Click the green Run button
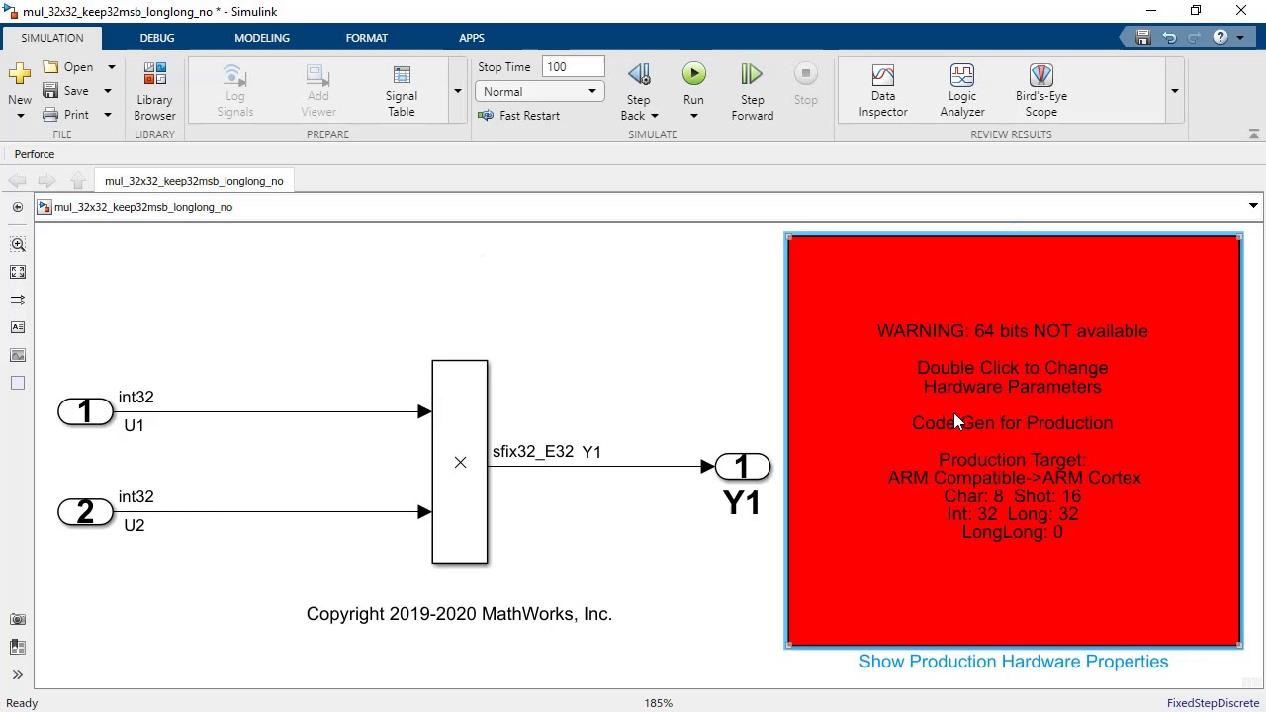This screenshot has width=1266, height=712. (x=693, y=75)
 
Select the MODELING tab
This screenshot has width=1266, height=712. (x=262, y=38)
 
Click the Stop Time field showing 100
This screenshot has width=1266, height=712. (x=573, y=67)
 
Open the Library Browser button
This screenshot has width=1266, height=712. (x=154, y=90)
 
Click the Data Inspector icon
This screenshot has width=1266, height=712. (x=882, y=90)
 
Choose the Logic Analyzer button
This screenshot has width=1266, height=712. (x=961, y=90)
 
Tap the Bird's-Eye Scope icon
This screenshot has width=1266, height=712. (x=1040, y=90)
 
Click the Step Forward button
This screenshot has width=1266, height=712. (x=752, y=90)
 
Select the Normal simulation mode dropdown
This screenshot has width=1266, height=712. (x=539, y=92)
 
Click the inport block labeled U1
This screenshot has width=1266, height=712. (x=85, y=411)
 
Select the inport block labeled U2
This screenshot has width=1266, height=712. (x=85, y=512)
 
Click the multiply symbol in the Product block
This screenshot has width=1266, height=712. (x=460, y=463)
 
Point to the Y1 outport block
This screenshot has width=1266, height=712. (x=742, y=467)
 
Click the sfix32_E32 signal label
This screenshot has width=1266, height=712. (x=533, y=452)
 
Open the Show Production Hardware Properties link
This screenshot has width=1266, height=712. (x=1013, y=662)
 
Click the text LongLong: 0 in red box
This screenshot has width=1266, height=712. (x=1012, y=532)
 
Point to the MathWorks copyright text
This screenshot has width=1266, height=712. (x=459, y=614)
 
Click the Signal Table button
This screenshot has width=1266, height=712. (x=401, y=90)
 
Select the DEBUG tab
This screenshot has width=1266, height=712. (x=157, y=38)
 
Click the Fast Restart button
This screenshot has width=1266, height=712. (x=519, y=116)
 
